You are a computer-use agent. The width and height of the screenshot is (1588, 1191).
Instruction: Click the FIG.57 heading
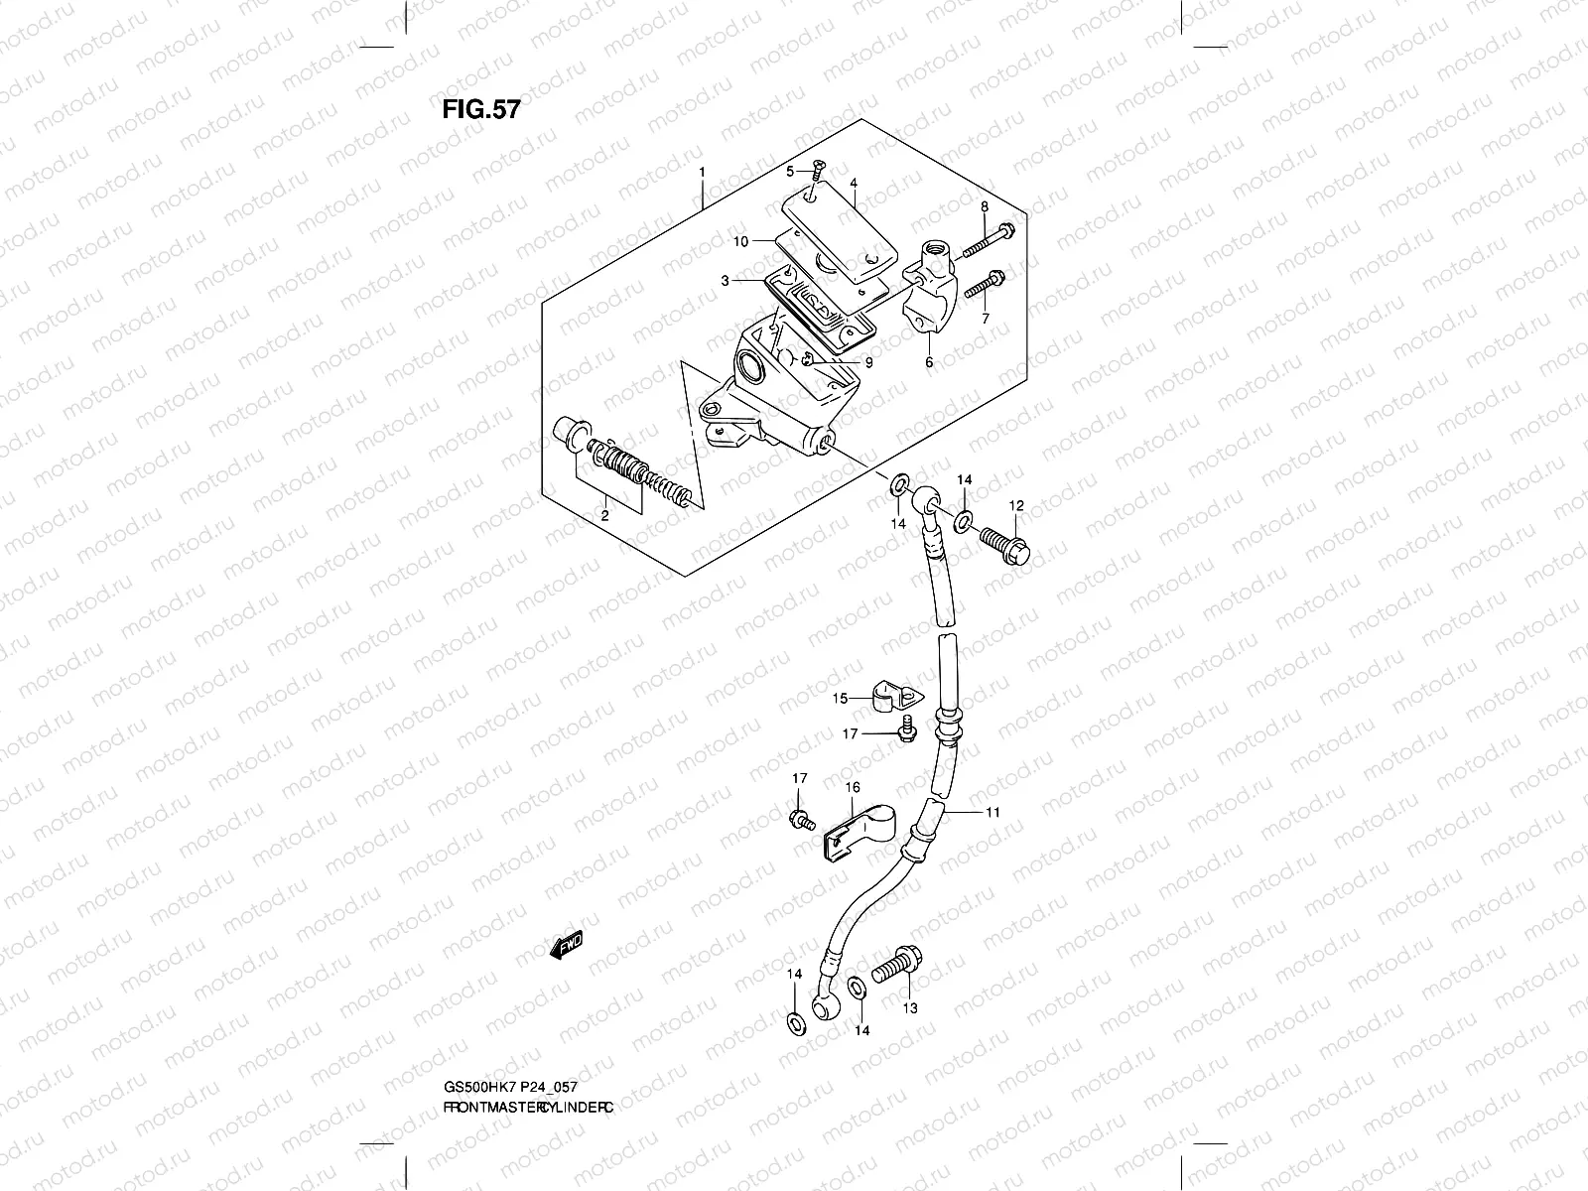coord(480,110)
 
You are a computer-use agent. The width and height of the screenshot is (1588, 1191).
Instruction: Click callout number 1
coord(702,172)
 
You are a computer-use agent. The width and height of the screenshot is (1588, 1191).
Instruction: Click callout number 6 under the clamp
coord(929,362)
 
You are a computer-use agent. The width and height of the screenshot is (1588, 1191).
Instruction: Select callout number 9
coord(868,363)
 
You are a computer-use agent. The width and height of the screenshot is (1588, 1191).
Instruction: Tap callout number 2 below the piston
coord(602,516)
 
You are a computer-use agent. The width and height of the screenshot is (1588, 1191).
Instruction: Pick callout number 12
coord(1015,506)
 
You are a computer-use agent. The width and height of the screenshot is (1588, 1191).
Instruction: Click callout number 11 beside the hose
coord(992,812)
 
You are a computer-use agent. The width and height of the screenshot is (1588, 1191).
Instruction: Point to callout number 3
coord(726,281)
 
